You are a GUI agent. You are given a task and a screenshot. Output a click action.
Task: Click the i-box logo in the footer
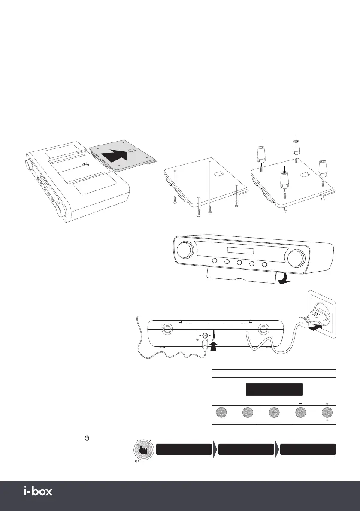pos(37,491)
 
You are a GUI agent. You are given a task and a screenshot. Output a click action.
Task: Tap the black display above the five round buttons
pos(274,390)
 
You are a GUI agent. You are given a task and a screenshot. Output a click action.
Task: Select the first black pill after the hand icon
pos(184,450)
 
